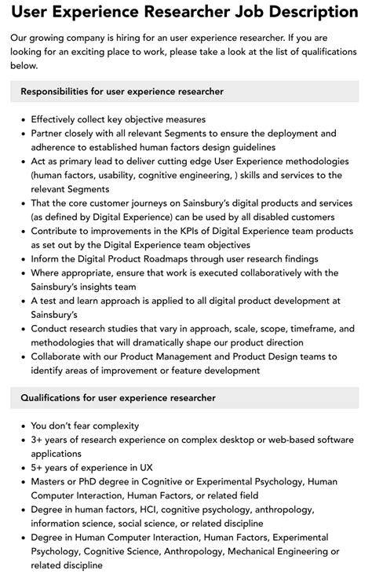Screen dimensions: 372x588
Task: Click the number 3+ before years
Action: (x=38, y=440)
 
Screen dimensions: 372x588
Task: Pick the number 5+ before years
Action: (x=38, y=467)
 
